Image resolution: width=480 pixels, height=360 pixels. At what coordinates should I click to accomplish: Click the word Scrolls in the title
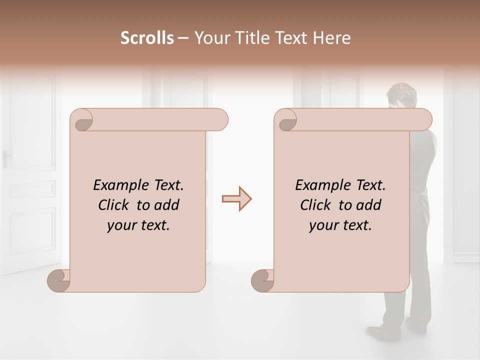(x=147, y=38)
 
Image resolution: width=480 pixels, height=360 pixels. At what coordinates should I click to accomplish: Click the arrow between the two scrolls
(x=236, y=199)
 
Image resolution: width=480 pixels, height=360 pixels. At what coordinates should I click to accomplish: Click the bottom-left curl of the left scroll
(x=58, y=280)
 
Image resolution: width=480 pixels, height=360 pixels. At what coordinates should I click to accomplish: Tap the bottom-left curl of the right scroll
(x=262, y=280)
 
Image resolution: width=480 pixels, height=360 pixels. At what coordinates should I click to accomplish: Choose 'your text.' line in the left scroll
(x=138, y=225)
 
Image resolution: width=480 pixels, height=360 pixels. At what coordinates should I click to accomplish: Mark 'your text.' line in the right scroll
(x=340, y=225)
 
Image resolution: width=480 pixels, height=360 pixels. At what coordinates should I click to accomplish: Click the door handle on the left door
(x=6, y=156)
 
